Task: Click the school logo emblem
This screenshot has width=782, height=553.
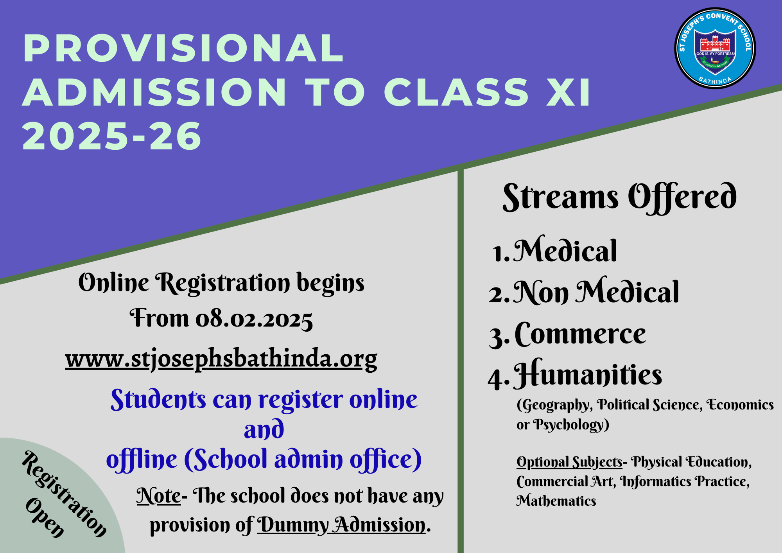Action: (715, 48)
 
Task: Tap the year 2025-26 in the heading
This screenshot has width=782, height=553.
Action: (112, 136)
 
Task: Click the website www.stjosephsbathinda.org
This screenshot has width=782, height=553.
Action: (221, 359)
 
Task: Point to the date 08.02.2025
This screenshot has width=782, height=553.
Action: (254, 319)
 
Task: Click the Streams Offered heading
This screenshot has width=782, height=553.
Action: (620, 197)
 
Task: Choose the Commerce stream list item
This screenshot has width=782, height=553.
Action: (568, 334)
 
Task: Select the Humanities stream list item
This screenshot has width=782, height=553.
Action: (575, 374)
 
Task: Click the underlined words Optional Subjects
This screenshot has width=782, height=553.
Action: (569, 462)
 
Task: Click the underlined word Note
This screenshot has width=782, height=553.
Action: (159, 496)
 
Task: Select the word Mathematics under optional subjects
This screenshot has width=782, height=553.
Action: (556, 501)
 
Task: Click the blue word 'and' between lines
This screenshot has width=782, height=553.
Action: (264, 429)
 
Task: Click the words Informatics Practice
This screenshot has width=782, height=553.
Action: (685, 482)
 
